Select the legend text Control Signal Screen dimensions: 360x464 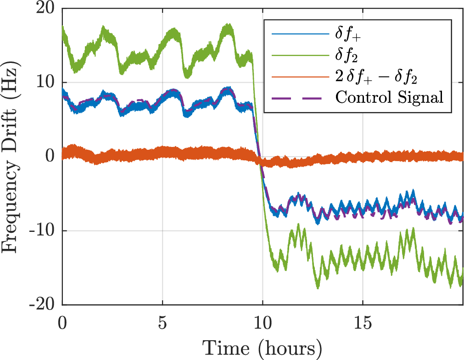coord(390,97)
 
